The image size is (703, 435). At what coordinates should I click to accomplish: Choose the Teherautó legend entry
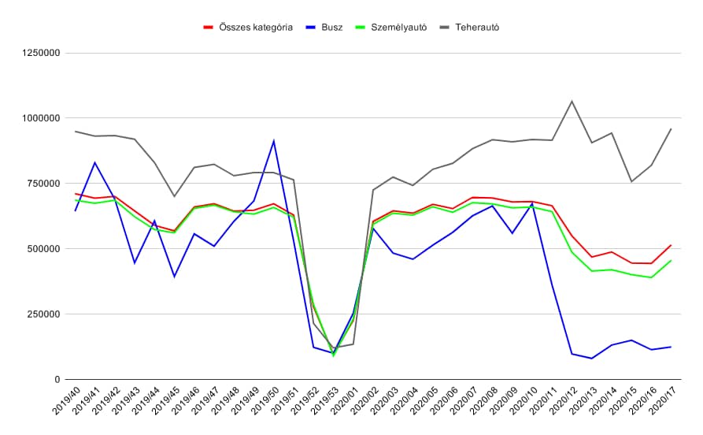(x=476, y=27)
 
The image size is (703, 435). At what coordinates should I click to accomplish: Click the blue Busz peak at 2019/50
(x=273, y=141)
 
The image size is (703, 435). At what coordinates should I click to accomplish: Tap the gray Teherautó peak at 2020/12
(x=572, y=101)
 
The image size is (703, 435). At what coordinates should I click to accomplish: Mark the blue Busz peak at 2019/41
(x=95, y=162)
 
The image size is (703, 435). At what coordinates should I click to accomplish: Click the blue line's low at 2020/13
(x=591, y=359)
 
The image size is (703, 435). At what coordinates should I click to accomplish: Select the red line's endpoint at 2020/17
(x=671, y=245)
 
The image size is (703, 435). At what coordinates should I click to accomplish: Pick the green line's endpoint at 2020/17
(x=671, y=261)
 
